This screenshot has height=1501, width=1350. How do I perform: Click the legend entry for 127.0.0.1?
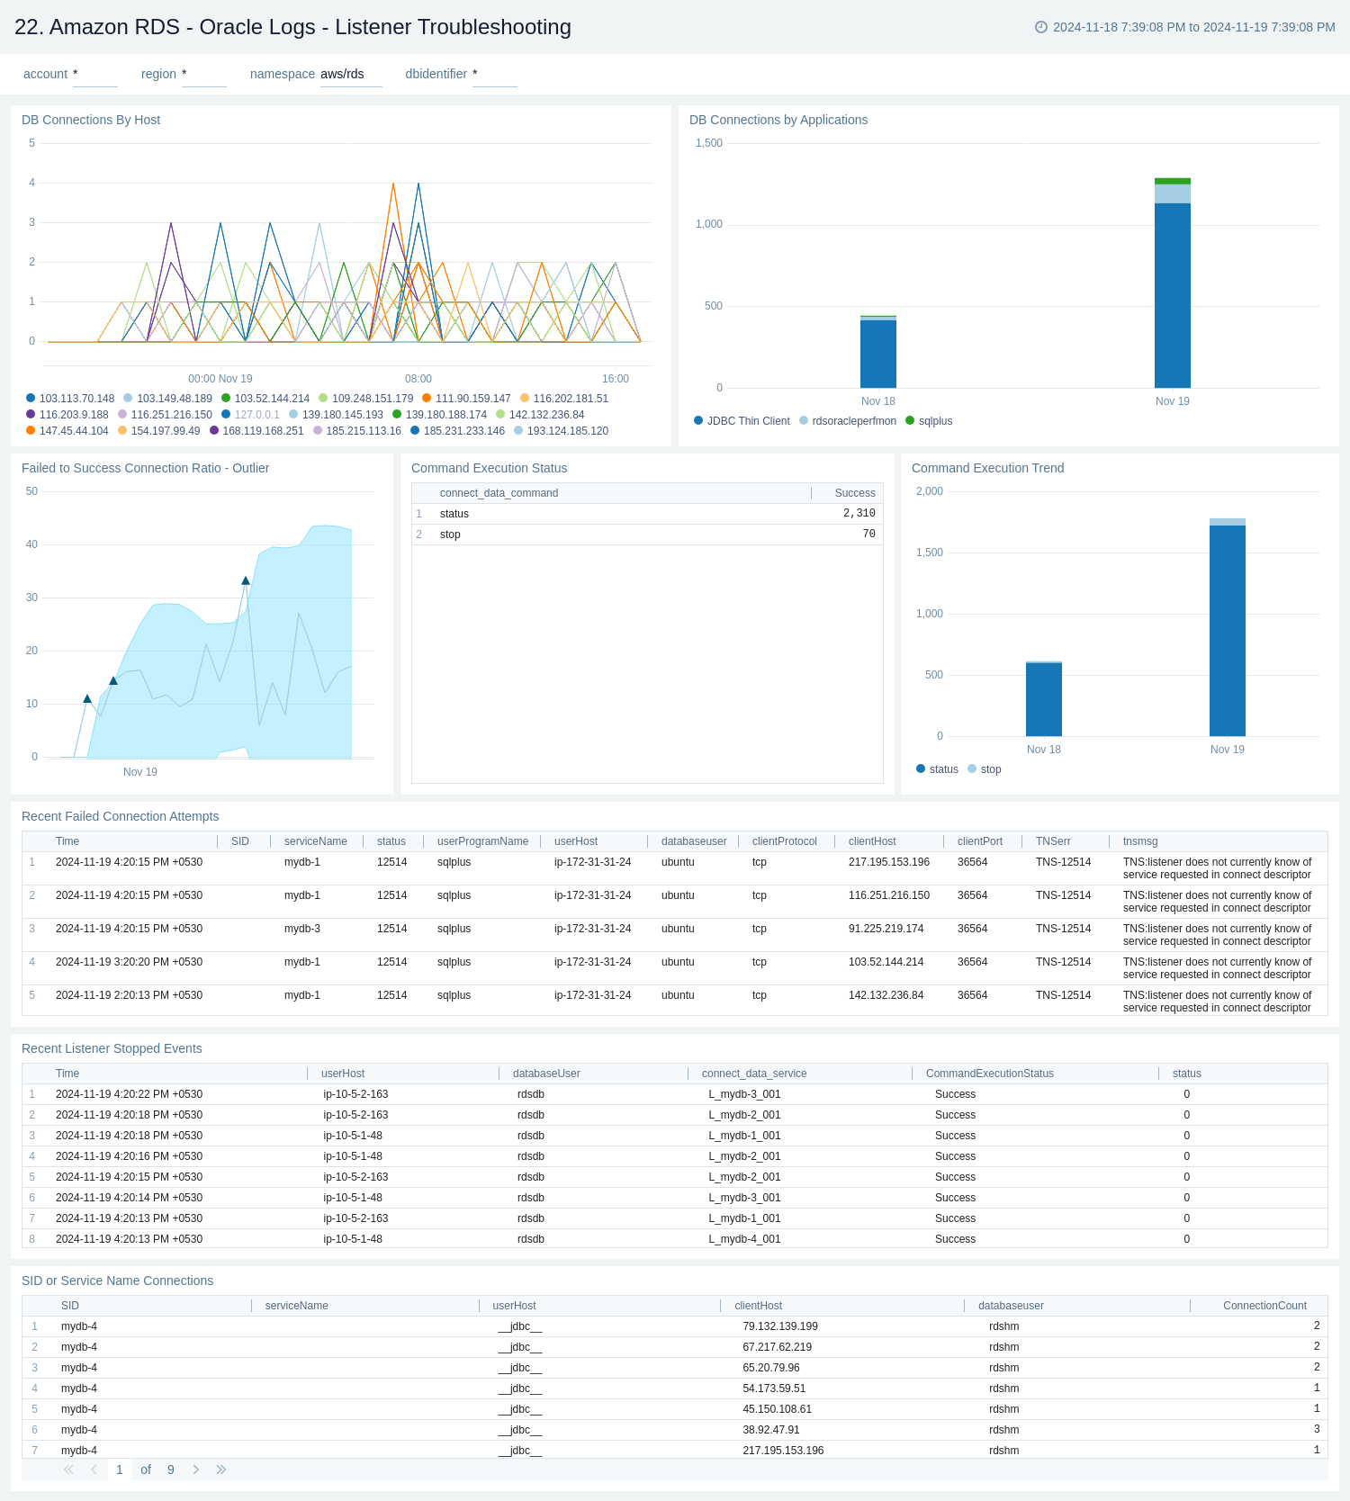click(x=256, y=415)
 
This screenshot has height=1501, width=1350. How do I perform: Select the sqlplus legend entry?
click(x=934, y=421)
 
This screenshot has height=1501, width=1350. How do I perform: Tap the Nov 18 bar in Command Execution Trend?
click(x=1043, y=699)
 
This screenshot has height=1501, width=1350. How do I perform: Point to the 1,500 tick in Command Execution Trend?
click(x=929, y=553)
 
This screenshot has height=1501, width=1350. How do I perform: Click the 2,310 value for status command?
click(x=859, y=514)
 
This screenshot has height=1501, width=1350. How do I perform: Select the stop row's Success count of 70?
click(x=868, y=535)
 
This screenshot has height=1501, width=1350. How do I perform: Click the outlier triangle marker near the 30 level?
click(x=246, y=581)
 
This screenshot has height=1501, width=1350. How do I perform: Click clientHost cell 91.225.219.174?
click(x=886, y=929)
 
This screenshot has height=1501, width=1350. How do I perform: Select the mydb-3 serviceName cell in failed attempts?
click(x=301, y=929)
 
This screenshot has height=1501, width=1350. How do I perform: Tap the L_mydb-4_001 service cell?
click(x=744, y=1239)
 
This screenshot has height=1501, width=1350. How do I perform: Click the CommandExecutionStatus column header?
click(x=989, y=1074)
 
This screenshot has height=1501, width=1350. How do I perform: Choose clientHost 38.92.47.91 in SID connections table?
click(x=770, y=1430)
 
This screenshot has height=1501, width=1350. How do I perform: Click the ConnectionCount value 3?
click(x=1316, y=1429)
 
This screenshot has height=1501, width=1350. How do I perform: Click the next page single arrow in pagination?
click(x=196, y=1470)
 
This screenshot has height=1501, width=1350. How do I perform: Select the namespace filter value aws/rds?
click(x=342, y=74)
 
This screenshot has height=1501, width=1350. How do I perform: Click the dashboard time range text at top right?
click(x=1193, y=27)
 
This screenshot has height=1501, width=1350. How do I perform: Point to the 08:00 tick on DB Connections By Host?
click(x=418, y=379)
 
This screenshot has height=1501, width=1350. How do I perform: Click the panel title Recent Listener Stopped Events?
click(x=112, y=1048)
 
